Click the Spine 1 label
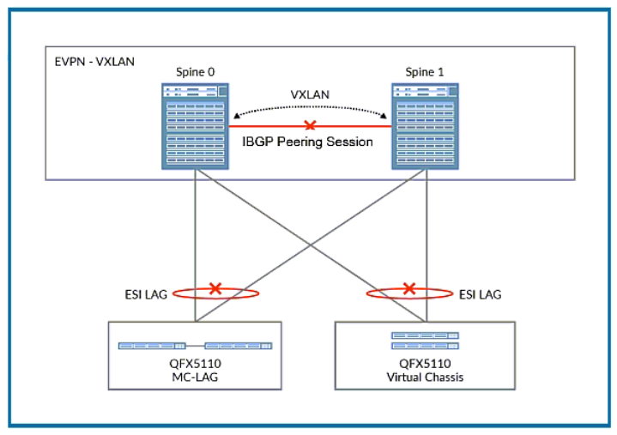(422, 71)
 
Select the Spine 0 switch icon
(197, 124)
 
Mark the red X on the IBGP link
(311, 125)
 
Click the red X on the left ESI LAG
(215, 289)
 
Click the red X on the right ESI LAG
(410, 289)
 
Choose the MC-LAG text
(196, 375)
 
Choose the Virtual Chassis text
(425, 375)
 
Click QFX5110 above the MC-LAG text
(196, 362)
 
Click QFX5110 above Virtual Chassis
(425, 362)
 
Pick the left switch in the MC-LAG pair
(151, 346)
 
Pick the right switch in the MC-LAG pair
(239, 346)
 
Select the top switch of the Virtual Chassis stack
(425, 335)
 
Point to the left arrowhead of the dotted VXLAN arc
(236, 115)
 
